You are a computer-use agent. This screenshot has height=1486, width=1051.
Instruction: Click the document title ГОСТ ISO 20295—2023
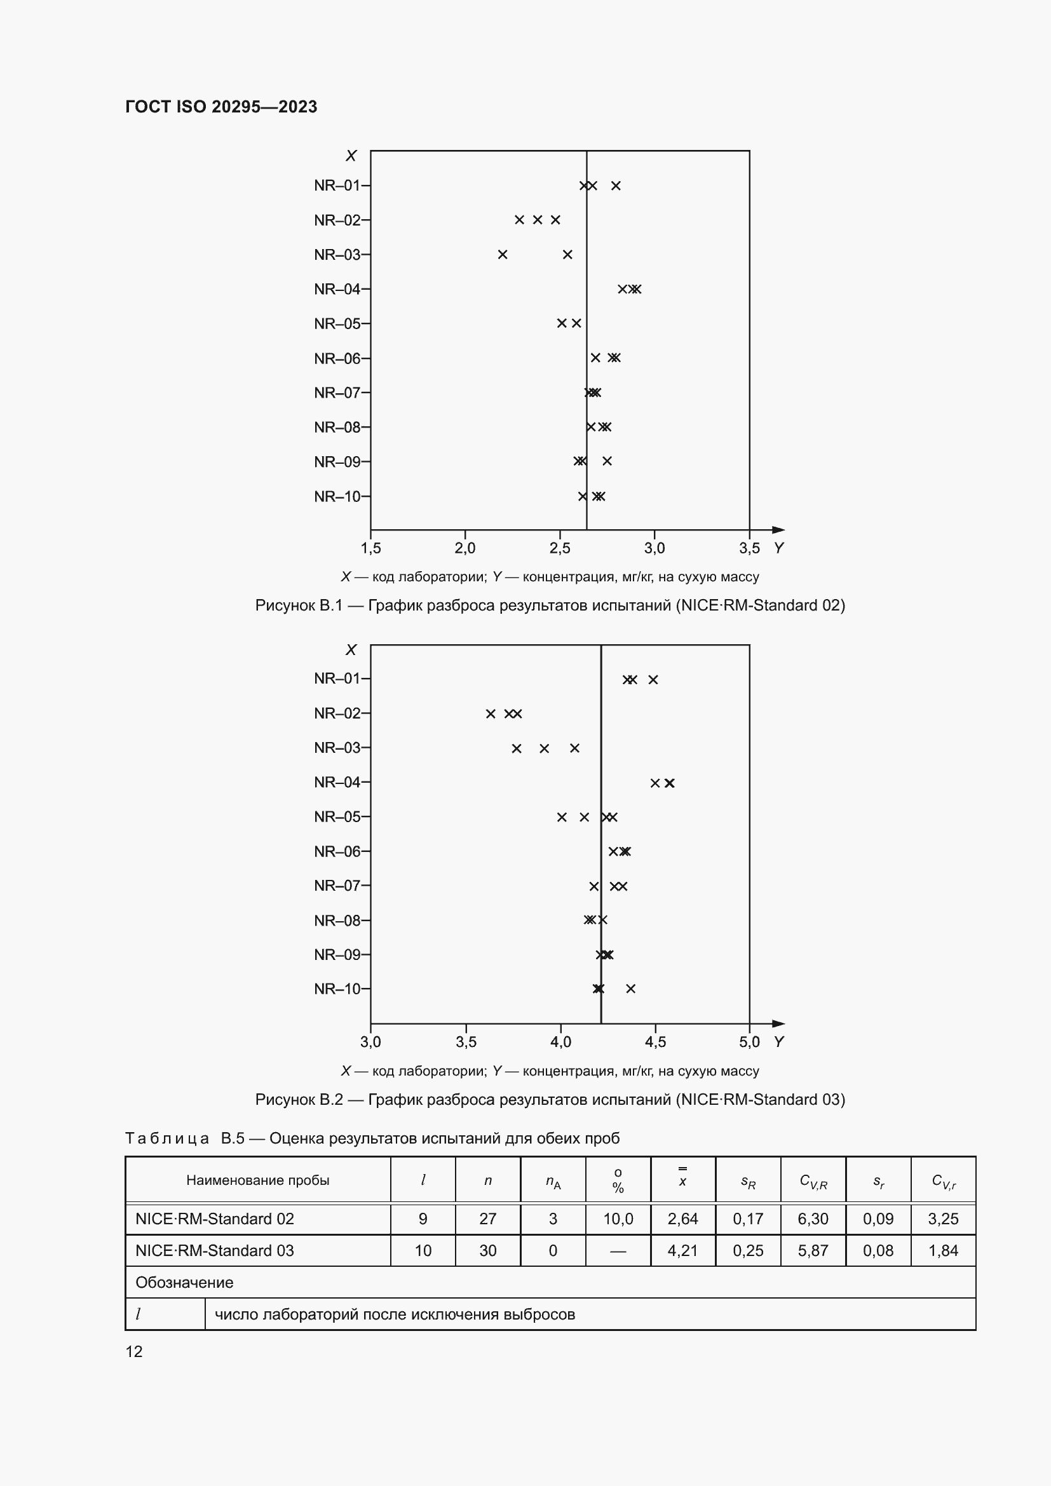[220, 107]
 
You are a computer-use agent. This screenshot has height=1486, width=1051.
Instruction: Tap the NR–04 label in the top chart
[337, 289]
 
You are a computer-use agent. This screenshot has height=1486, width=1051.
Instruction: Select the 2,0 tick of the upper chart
[464, 548]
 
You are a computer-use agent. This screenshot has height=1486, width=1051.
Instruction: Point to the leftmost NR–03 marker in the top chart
[503, 255]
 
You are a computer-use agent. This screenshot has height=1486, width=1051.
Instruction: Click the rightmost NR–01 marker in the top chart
[616, 186]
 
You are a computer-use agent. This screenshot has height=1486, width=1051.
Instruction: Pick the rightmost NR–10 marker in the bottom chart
[631, 989]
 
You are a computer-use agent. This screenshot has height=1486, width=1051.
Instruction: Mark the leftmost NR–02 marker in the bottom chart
[491, 714]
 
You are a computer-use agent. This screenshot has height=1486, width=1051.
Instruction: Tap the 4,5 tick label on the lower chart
[655, 1042]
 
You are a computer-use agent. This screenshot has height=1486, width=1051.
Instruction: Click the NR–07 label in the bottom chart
[337, 886]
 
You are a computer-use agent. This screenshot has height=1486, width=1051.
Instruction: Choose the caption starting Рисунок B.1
[550, 605]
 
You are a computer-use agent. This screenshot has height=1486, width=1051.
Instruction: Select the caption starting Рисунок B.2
[550, 1099]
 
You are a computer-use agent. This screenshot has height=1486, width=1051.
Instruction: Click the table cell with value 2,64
[682, 1219]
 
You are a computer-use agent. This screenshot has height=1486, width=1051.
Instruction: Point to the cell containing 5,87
[813, 1250]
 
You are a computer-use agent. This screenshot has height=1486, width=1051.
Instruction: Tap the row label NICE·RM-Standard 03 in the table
[215, 1250]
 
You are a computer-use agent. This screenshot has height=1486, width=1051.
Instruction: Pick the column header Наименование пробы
[257, 1180]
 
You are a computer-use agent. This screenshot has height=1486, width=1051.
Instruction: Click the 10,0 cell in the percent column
[618, 1219]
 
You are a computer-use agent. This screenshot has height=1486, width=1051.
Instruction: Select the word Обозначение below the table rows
[184, 1282]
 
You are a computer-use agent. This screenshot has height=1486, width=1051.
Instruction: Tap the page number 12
[134, 1351]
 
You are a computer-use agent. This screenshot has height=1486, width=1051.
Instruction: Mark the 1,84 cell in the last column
[943, 1250]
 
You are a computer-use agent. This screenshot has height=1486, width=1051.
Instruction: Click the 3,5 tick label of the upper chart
[749, 548]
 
